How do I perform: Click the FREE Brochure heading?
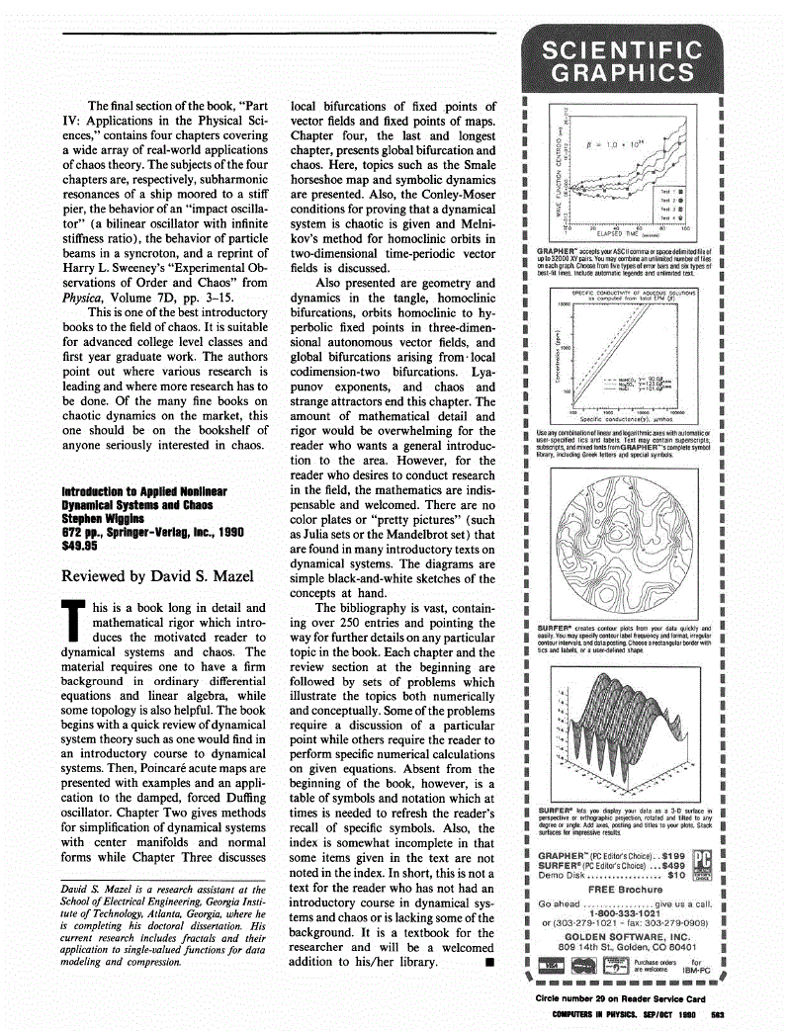pos(622,890)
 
